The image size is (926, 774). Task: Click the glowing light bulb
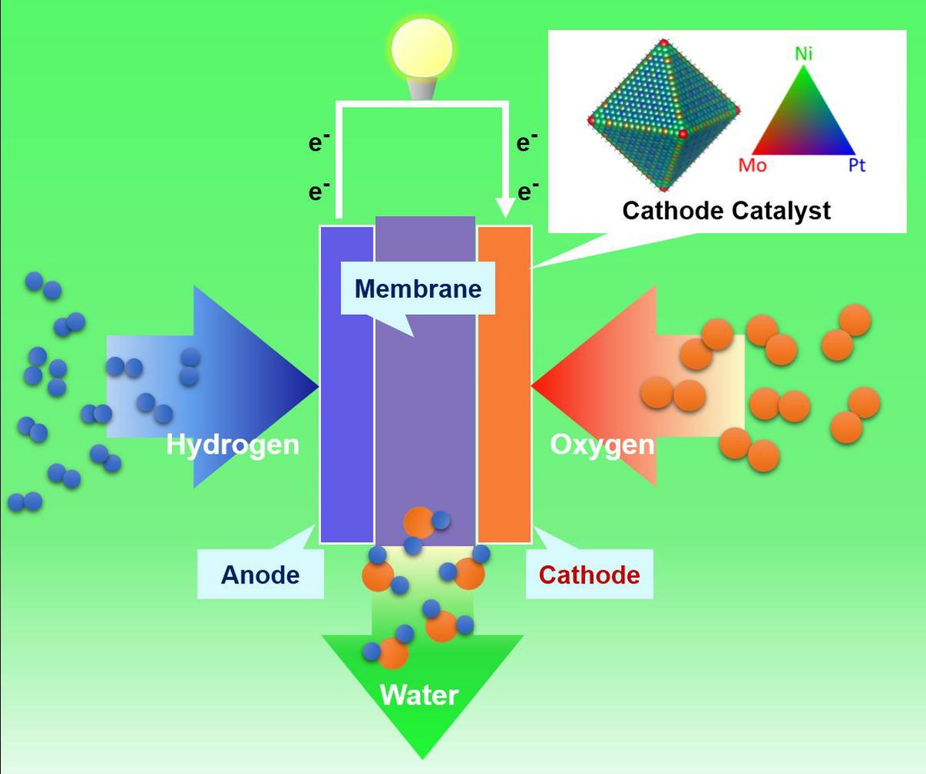click(421, 50)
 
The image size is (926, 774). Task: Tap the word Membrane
click(417, 289)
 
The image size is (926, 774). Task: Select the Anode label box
click(260, 575)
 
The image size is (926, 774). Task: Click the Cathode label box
click(589, 575)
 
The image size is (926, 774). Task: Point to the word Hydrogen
click(232, 444)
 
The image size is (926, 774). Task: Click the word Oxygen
click(602, 444)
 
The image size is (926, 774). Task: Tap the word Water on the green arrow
click(419, 695)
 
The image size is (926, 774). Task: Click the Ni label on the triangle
click(803, 54)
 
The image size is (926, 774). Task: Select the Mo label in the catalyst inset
click(752, 165)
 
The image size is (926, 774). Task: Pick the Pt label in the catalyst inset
click(857, 165)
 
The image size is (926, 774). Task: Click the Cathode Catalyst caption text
click(726, 211)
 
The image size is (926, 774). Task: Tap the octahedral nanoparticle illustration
click(662, 116)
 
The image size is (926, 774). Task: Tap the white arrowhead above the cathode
click(505, 208)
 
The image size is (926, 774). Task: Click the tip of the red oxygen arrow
click(535, 386)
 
